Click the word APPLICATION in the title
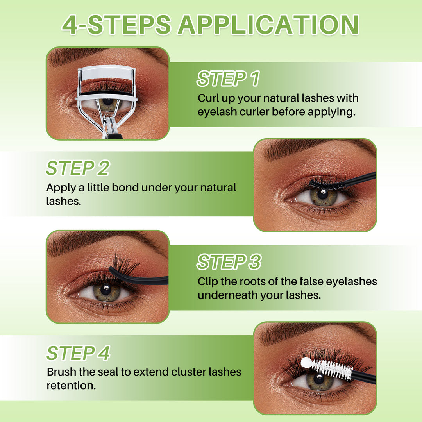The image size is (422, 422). [268, 25]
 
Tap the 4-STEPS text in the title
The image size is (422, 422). [116, 25]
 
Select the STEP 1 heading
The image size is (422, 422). [228, 79]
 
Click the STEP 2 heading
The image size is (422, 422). [77, 168]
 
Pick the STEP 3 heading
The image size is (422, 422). [229, 262]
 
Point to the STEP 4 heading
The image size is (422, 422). [78, 353]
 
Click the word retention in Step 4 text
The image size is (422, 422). [71, 386]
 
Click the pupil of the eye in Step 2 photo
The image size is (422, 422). [323, 193]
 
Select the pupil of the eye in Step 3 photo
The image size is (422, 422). [105, 289]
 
